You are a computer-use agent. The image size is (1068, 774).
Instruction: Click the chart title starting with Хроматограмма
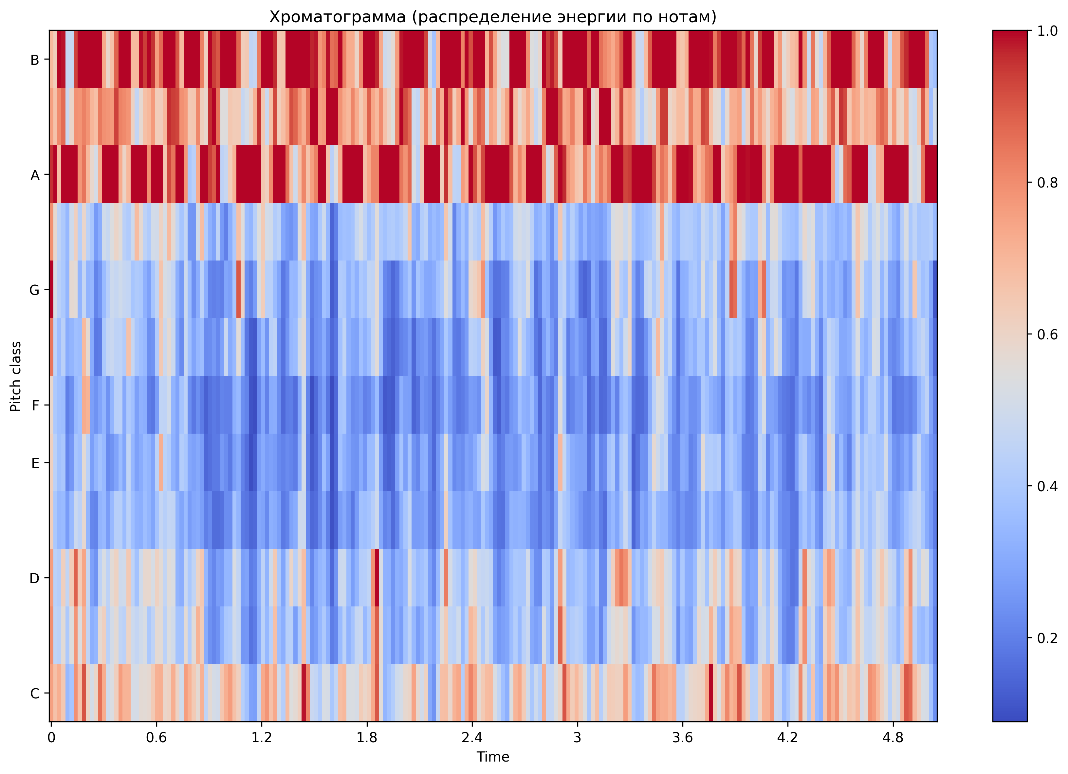click(x=492, y=17)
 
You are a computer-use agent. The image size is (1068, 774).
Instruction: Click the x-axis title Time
click(x=492, y=757)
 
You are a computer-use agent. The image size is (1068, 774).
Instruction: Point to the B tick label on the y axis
click(x=34, y=60)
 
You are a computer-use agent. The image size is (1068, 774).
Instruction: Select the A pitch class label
click(x=34, y=175)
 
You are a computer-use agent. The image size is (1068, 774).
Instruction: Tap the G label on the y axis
click(x=34, y=290)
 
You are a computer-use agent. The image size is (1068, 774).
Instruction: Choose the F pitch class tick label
click(x=35, y=405)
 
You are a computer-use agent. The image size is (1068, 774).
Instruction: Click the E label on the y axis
click(x=35, y=463)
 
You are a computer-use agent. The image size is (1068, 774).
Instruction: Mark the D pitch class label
click(x=34, y=578)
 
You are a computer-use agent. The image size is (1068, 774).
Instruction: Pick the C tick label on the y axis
click(x=34, y=693)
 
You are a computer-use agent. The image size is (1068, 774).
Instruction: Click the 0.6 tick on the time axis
click(x=157, y=737)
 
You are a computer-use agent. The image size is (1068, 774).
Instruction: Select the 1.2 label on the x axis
click(x=261, y=737)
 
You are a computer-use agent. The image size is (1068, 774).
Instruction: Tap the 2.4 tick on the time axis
click(x=472, y=737)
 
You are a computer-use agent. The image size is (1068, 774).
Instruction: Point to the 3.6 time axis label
click(x=682, y=737)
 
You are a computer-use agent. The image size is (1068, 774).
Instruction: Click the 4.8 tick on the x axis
click(x=893, y=737)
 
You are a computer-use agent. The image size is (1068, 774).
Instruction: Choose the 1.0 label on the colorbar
click(x=1047, y=31)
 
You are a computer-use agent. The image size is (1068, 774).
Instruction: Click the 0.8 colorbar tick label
click(x=1047, y=183)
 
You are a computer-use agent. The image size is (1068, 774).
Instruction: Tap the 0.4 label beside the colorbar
click(x=1047, y=486)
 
